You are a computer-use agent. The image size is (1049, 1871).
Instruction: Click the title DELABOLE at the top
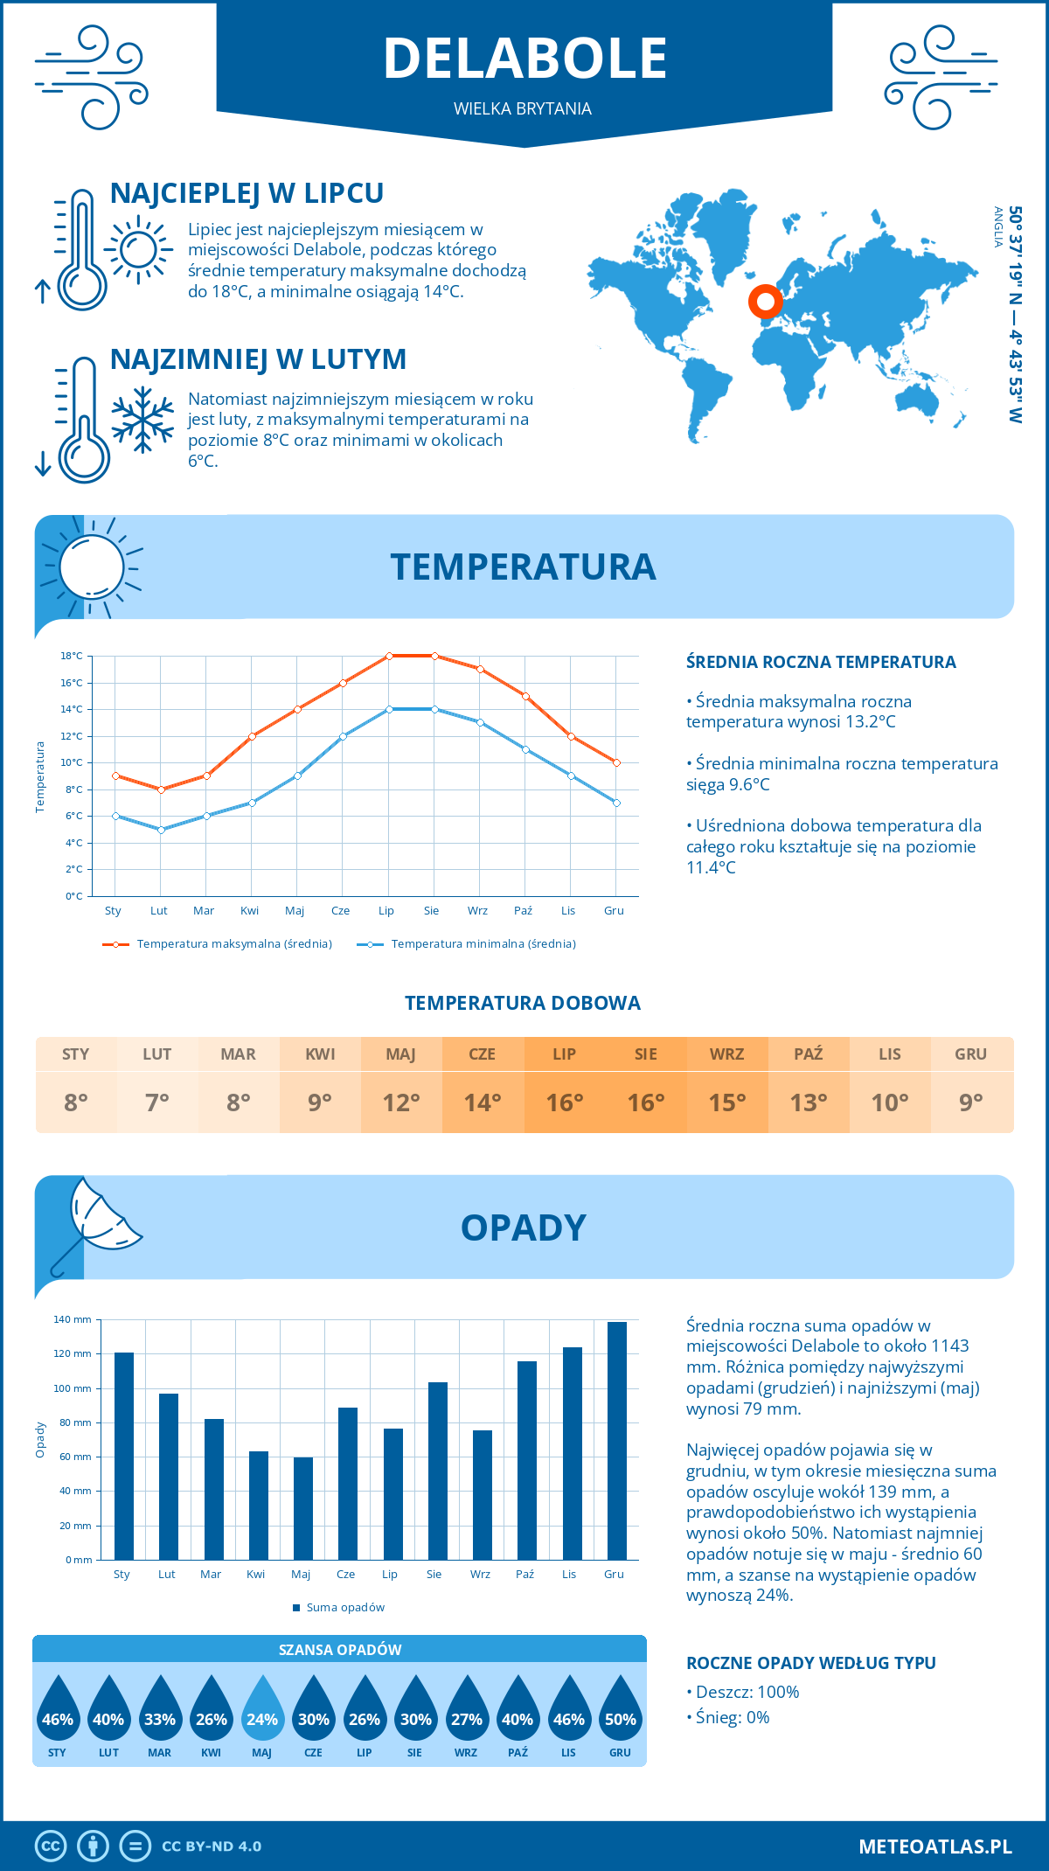tap(524, 59)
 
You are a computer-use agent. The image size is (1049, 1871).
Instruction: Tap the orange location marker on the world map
tap(766, 302)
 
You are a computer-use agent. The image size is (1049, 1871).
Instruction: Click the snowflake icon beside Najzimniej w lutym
tap(142, 420)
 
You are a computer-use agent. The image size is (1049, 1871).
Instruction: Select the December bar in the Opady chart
tap(617, 1440)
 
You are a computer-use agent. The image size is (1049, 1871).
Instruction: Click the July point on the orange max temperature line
tap(389, 656)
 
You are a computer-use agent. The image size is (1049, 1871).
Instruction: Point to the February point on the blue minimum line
tap(161, 830)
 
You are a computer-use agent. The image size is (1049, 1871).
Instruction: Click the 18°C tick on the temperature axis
tap(72, 656)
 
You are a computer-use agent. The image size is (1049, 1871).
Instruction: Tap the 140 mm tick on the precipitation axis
tap(73, 1319)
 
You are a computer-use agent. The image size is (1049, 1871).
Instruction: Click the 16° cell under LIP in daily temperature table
tap(564, 1102)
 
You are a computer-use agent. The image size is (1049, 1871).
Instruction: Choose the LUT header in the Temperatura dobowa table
tap(157, 1054)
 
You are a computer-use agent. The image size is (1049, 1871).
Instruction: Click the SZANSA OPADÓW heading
tap(340, 1650)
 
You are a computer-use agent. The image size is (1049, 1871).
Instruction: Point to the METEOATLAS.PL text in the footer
tap(935, 1847)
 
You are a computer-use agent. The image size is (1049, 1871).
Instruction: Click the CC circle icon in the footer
tap(51, 1847)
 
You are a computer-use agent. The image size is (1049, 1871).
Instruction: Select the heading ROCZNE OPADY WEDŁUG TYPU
tap(810, 1663)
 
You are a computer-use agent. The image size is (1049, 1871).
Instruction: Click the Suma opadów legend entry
tap(344, 1608)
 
